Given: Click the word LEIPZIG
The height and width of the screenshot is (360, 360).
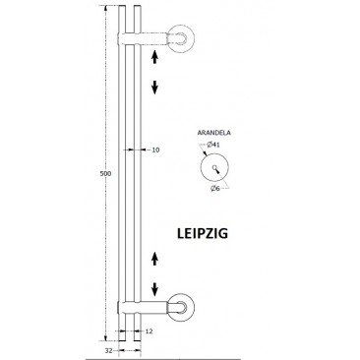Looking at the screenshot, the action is click(203, 233).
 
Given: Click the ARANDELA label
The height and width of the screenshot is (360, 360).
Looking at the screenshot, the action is click(213, 133).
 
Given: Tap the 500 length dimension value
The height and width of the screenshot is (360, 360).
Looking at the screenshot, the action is click(105, 173).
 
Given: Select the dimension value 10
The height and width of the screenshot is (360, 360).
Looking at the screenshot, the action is click(155, 150).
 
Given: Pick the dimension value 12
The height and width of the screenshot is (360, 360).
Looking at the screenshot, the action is click(149, 331).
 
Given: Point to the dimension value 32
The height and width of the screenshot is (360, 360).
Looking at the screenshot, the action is click(109, 351).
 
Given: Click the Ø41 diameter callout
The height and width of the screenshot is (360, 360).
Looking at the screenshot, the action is click(213, 145).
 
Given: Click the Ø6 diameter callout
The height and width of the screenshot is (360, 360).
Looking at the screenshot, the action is click(215, 188).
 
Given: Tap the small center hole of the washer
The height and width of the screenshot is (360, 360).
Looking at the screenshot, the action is click(214, 167).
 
